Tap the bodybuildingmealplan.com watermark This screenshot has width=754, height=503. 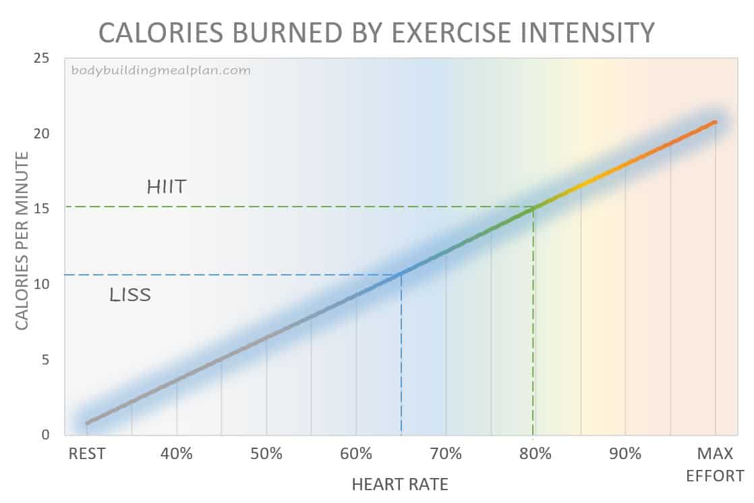pos(161,70)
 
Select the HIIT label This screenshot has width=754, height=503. pos(166,186)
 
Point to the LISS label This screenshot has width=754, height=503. pos(129,295)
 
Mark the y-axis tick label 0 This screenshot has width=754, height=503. pos(45,435)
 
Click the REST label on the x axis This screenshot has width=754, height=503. pos(87,454)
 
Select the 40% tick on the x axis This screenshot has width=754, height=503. pos(177,454)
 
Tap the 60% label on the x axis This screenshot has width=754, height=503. pos(356,454)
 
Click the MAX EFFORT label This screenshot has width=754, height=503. pos(715,464)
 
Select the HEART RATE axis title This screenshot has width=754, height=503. pos(400,484)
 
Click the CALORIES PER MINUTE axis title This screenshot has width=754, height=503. pos(22,241)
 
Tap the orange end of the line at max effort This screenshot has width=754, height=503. pos(714,122)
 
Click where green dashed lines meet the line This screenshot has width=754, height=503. pos(533,207)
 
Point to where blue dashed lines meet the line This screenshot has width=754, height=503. pos(402,273)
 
